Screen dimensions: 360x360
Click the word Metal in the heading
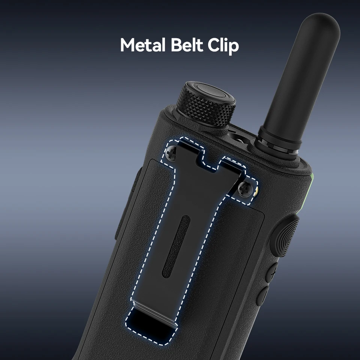(143, 45)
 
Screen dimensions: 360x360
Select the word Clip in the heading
(223, 45)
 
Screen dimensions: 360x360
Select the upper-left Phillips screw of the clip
(171, 153)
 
